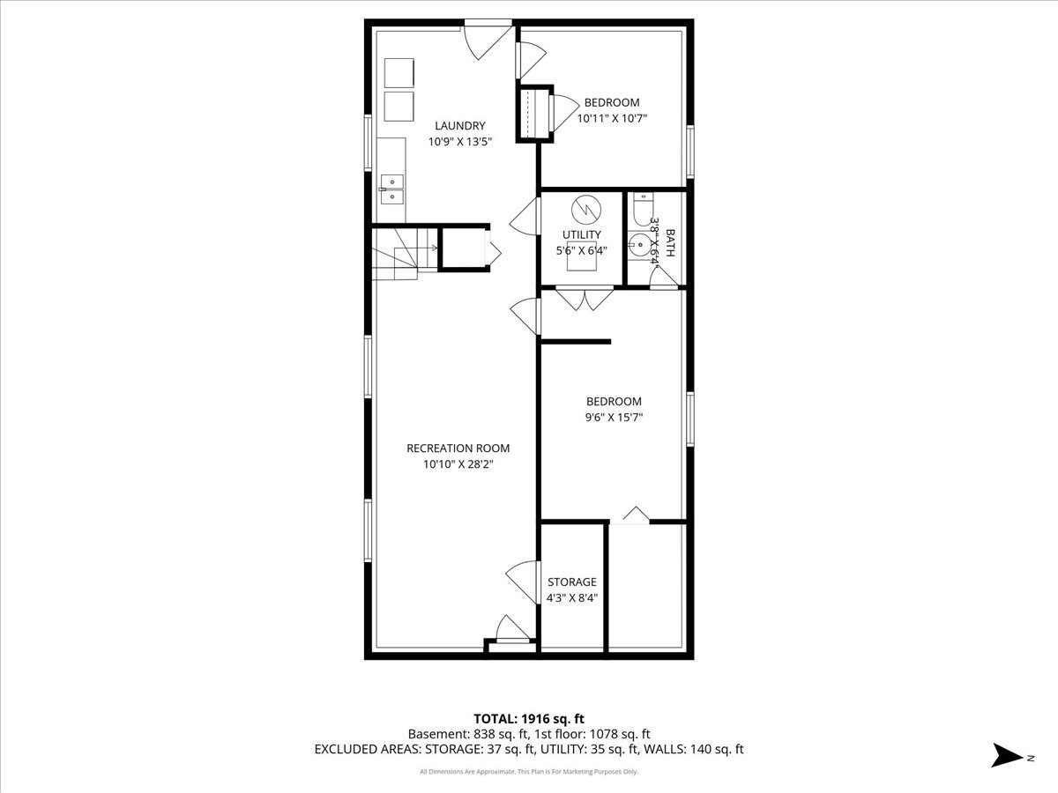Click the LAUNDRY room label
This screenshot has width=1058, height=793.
[459, 126]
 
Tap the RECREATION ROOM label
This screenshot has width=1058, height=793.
[458, 448]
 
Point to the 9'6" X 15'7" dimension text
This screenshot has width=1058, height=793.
[615, 418]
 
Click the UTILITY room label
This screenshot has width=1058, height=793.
[582, 234]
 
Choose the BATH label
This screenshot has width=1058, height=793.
[670, 242]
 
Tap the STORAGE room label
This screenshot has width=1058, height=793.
[571, 582]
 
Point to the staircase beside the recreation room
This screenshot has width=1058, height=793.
[397, 253]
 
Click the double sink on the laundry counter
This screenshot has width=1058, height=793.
[391, 189]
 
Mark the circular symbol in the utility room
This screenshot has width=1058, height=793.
[584, 210]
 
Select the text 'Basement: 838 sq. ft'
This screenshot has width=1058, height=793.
[465, 733]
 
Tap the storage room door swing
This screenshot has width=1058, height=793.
[523, 582]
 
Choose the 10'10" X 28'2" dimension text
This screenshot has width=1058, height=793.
[458, 463]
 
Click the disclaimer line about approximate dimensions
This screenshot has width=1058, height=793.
[528, 772]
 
